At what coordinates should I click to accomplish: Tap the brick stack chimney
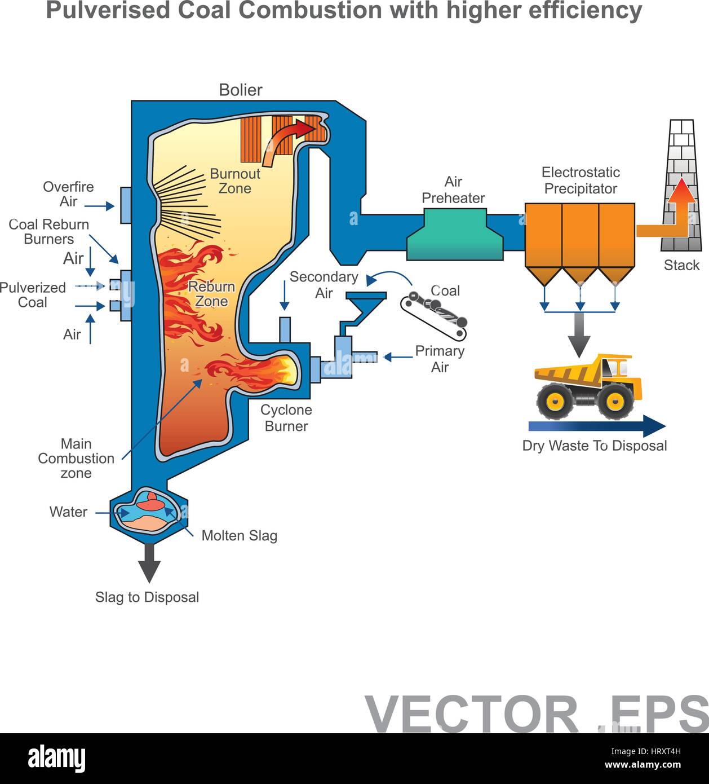[x=682, y=186]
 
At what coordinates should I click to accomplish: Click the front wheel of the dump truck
[x=613, y=401]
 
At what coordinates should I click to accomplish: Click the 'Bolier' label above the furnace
[x=241, y=90]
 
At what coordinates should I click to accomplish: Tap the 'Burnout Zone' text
[x=235, y=181]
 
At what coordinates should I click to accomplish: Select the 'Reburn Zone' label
[x=211, y=294]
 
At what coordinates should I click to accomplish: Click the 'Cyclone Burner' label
[x=286, y=418]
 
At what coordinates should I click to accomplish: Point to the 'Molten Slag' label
[x=239, y=535]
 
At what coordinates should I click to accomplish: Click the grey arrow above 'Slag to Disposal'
[x=149, y=562]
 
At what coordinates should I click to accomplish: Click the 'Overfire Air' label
[x=68, y=194]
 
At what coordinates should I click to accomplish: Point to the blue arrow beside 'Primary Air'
[x=398, y=357]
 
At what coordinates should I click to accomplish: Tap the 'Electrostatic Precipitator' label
[x=581, y=180]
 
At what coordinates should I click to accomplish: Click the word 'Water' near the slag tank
[x=68, y=512]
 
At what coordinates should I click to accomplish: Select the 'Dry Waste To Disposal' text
[x=594, y=446]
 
